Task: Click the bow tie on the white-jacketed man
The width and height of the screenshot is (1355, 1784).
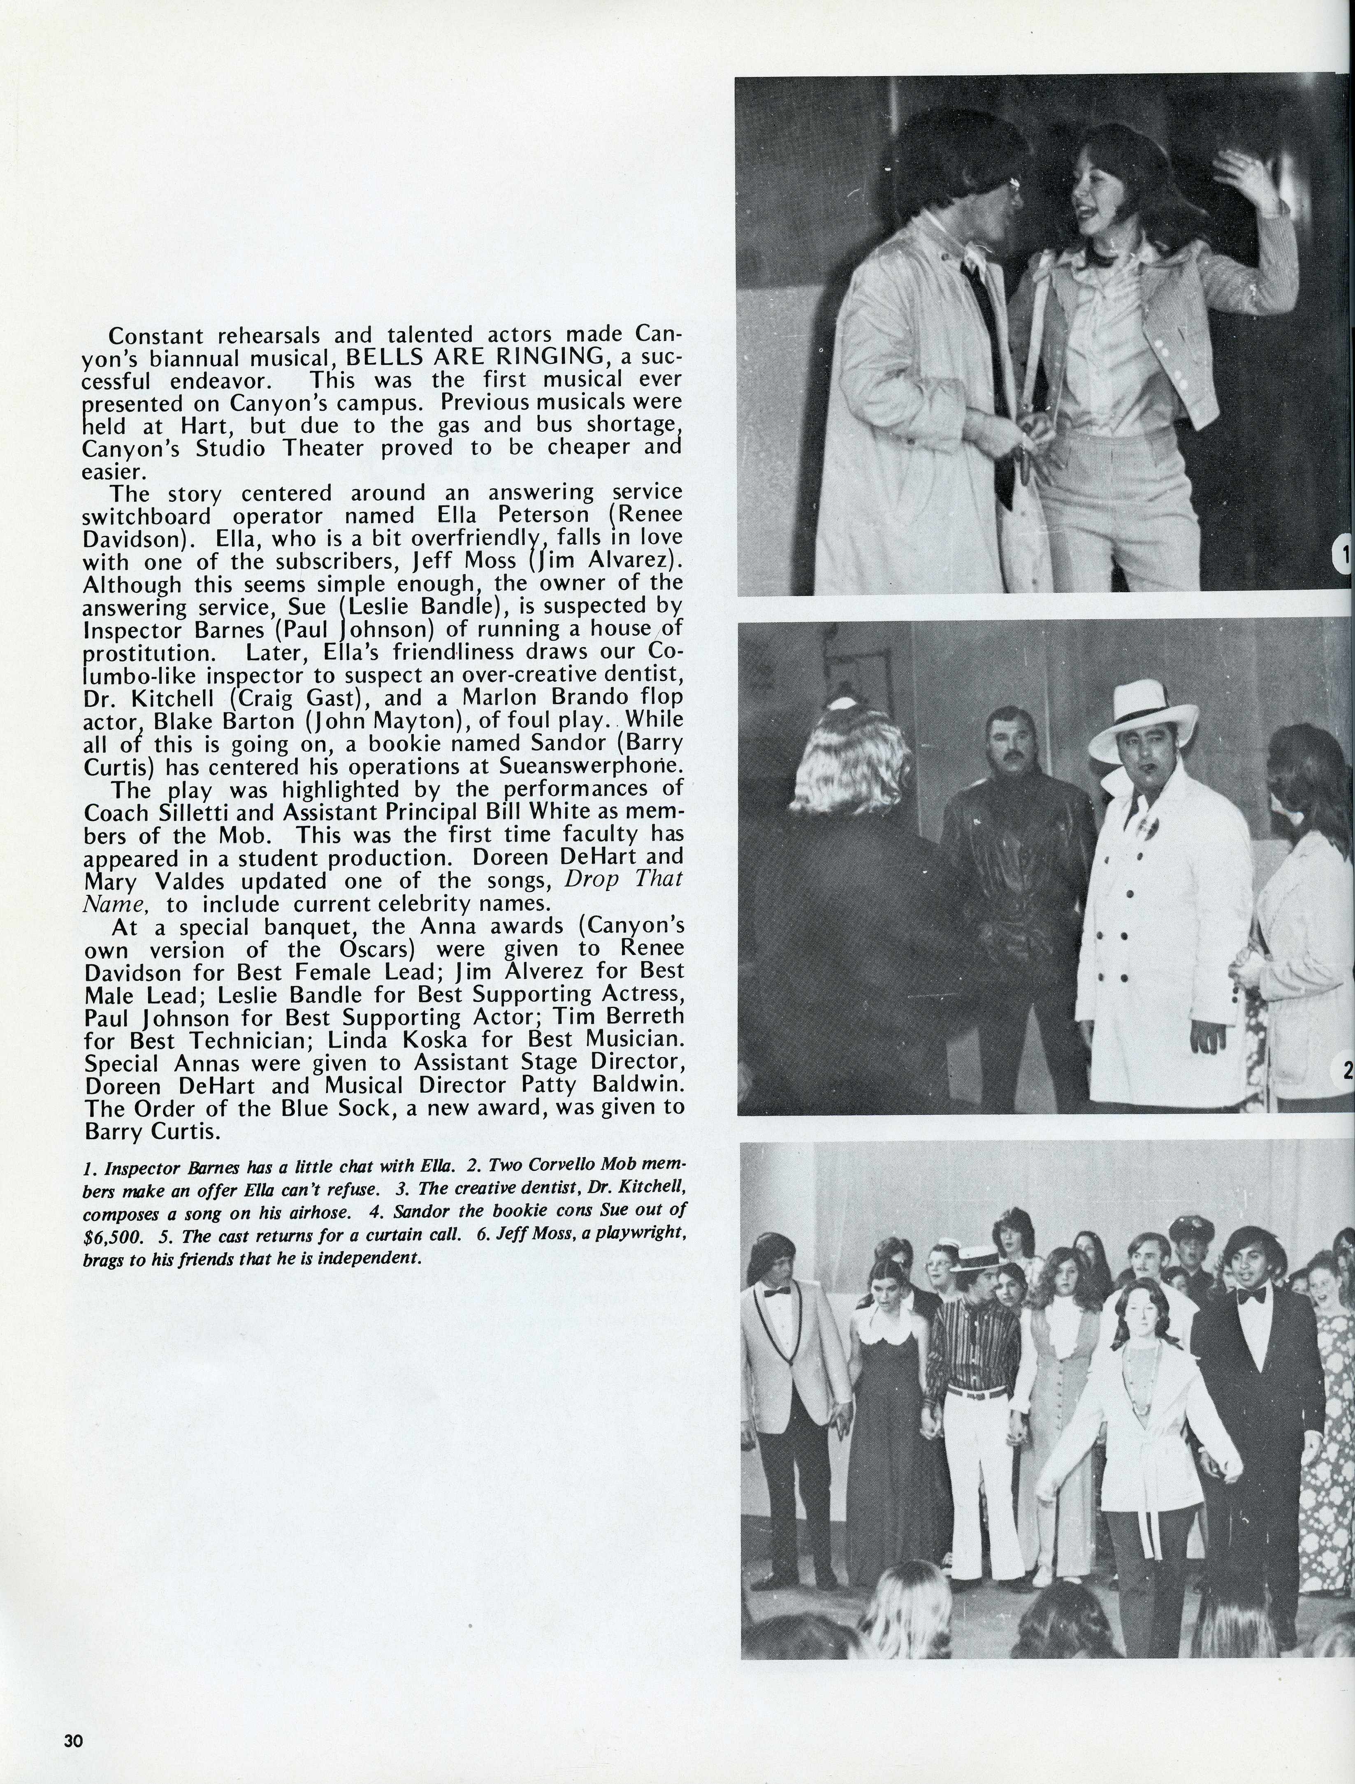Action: (x=776, y=1291)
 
